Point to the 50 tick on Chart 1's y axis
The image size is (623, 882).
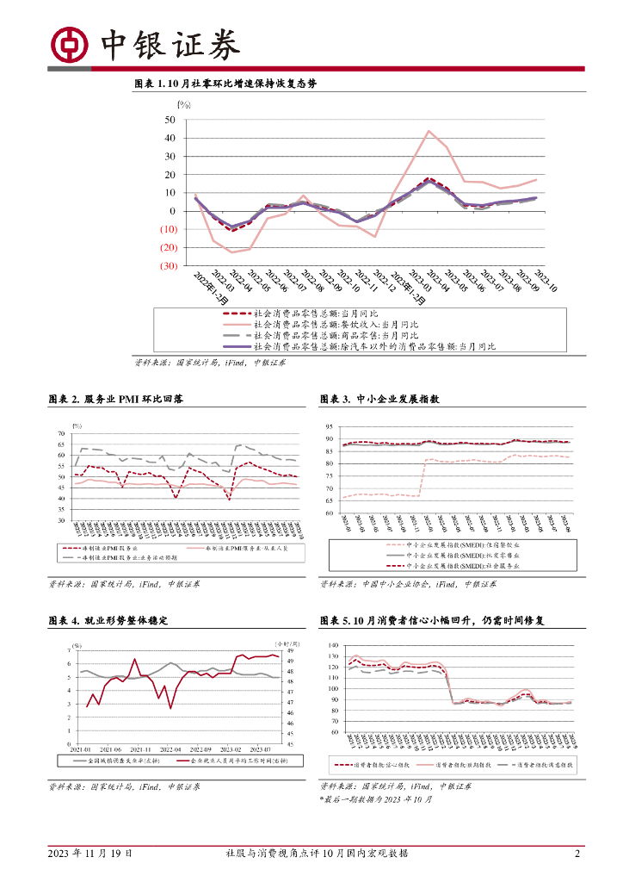pos(170,120)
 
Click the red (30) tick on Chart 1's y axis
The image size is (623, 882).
pos(168,265)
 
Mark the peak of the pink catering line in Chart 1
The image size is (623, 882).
pos(429,131)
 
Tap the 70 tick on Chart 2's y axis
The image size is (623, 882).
pos(60,433)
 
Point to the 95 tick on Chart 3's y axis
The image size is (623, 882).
pos(329,427)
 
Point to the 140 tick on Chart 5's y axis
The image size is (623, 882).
pos(334,644)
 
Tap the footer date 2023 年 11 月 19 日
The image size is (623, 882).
pos(90,853)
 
